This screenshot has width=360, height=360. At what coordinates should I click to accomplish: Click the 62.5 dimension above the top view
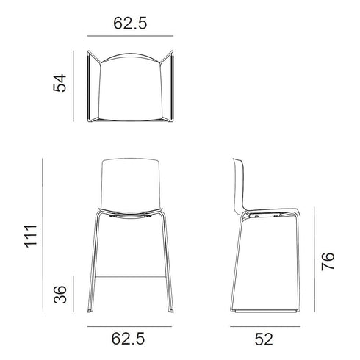[131, 23]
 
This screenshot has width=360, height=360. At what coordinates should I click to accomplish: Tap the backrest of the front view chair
[131, 184]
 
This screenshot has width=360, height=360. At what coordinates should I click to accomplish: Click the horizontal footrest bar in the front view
[131, 278]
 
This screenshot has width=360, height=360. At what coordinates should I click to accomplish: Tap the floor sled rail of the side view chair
[268, 311]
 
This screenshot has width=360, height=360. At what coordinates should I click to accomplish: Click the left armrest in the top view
[90, 88]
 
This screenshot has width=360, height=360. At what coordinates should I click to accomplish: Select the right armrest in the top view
[172, 88]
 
